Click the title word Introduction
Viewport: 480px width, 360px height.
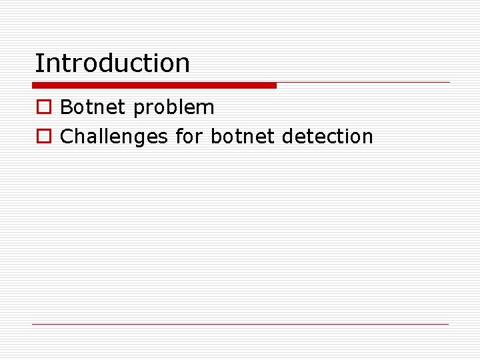pos(112,63)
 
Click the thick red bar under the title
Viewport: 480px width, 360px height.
pos(154,85)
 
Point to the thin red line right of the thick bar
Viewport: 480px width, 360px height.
pos(363,83)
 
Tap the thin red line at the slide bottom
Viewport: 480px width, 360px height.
pos(241,324)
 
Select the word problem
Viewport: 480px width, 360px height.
pos(174,109)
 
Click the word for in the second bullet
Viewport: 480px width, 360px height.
pos(189,137)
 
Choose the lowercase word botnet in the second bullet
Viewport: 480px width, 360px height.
pos(242,137)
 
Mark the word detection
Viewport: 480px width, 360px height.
pos(327,137)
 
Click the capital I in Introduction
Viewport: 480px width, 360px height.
pos(38,63)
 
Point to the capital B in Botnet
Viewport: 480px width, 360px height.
pos(66,107)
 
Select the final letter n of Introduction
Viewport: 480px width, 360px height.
pos(183,65)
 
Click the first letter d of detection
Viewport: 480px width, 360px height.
pos(288,137)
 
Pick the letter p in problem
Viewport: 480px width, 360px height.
pos(138,110)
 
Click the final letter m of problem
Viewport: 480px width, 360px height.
pos(207,109)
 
